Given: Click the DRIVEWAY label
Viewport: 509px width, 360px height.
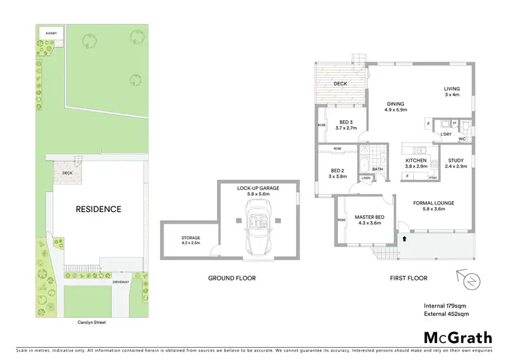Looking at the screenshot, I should (121, 281).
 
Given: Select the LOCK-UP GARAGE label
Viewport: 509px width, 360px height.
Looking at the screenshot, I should (258, 188).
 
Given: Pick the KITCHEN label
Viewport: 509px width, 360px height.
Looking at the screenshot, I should (415, 161).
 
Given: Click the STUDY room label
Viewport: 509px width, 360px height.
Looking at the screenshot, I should (456, 161).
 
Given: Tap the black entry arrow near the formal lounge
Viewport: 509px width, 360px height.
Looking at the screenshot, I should (405, 238).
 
